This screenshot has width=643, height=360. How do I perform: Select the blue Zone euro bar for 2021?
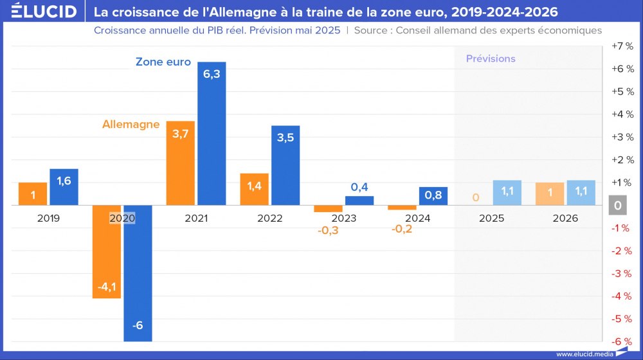point(212,134)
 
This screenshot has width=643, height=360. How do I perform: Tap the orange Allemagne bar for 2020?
point(106,251)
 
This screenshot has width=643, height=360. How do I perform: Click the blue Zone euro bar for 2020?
point(138,273)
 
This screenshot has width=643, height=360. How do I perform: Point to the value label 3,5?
point(285,138)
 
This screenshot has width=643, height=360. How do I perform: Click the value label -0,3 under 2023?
point(327,230)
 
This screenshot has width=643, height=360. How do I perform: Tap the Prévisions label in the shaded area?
point(491,59)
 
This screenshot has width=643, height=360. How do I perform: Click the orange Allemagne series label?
point(131,124)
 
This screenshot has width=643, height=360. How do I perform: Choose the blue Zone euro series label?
point(163,62)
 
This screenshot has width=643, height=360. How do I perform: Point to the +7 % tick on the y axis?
point(622,46)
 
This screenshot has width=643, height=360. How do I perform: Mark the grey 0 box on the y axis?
point(617,206)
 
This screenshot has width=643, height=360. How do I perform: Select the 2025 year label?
point(491,219)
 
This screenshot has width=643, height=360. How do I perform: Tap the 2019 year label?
point(48,219)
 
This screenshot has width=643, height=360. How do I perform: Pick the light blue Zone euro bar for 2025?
point(507,193)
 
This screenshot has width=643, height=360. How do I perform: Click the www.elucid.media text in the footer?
point(584,354)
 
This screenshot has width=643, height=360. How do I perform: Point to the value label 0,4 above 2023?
point(359,187)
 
